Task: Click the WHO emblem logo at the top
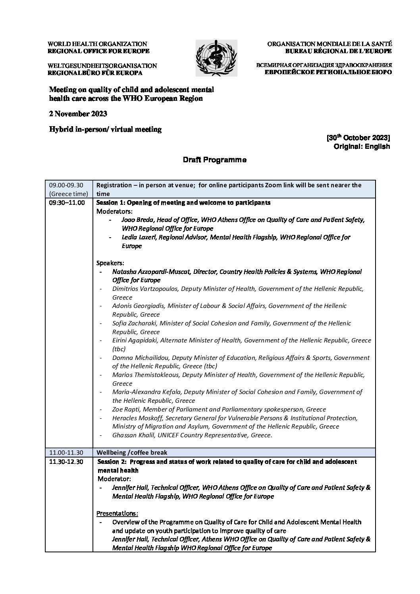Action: point(216,58)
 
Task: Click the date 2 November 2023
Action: point(78,114)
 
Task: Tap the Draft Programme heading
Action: point(214,160)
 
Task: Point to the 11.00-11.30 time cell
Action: point(66,452)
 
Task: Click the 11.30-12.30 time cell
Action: point(66,462)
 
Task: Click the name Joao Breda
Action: point(138,220)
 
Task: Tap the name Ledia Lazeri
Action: point(139,237)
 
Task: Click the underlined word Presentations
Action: point(118,513)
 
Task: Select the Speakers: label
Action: point(110,263)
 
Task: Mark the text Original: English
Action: point(362,146)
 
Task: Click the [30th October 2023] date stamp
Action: point(358,138)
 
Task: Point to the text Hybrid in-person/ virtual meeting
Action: point(105,129)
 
